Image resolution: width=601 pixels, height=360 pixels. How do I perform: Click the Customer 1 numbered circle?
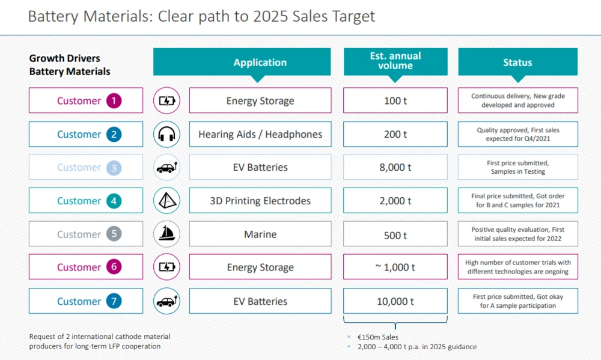point(114,101)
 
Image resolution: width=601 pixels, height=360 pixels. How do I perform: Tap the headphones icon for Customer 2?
point(166,135)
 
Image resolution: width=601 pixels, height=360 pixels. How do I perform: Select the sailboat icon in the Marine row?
point(166,234)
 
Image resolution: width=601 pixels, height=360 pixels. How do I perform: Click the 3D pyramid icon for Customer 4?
point(166,201)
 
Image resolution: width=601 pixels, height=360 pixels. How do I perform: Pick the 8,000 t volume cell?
point(396,168)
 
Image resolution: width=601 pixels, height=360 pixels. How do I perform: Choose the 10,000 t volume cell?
point(396,301)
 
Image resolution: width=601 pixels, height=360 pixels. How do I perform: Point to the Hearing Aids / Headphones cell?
point(260,135)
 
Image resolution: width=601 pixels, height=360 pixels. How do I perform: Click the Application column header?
point(260,63)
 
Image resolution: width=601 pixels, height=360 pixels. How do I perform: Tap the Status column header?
point(517,63)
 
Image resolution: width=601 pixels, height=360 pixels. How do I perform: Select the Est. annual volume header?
point(396,61)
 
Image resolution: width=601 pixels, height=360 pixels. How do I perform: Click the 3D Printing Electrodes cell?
point(260,201)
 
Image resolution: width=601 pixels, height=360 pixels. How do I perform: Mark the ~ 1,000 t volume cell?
point(396,267)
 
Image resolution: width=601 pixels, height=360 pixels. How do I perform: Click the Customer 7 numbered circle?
point(114,301)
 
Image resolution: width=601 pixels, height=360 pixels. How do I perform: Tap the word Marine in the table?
point(260,234)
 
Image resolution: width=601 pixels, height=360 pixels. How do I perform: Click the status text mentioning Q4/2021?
point(517,135)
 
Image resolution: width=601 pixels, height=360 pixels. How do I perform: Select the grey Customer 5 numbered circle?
point(114,234)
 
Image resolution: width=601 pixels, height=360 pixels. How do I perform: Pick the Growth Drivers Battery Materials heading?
point(70,65)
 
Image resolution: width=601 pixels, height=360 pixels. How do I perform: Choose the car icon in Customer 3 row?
point(166,168)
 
